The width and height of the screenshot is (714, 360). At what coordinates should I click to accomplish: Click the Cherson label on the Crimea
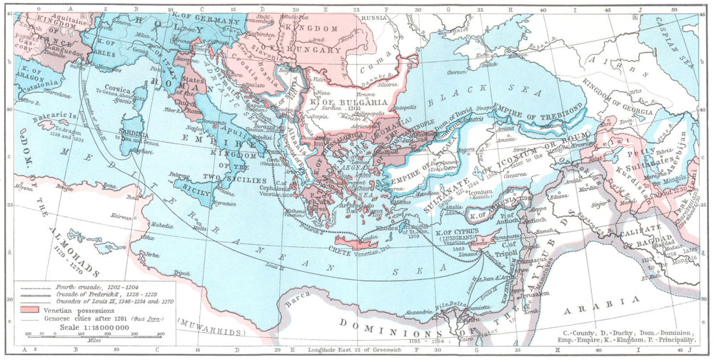coord(455,72)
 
